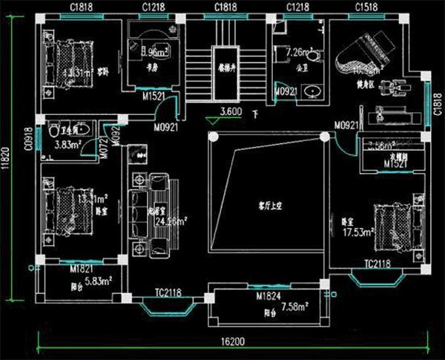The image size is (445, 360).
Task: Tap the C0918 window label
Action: click(x=28, y=138)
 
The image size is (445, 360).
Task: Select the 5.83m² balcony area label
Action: click(x=96, y=281)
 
